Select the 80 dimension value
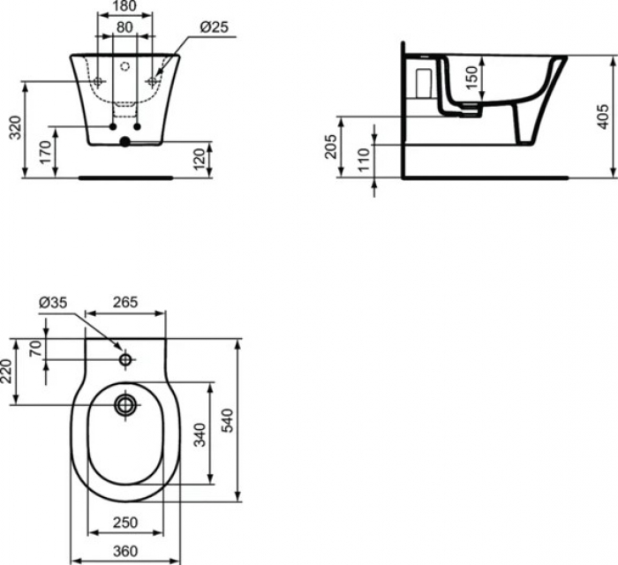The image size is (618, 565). pyautogui.click(x=125, y=27)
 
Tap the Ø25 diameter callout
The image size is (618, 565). pyautogui.click(x=215, y=27)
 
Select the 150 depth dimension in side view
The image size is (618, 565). pyautogui.click(x=473, y=77)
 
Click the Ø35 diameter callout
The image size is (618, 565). pyautogui.click(x=52, y=303)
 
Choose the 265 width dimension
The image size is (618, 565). pyautogui.click(x=124, y=303)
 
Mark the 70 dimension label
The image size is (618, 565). pyautogui.click(x=36, y=348)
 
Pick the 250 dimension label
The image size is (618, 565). pyautogui.click(x=125, y=524)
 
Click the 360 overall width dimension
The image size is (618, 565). pyautogui.click(x=125, y=553)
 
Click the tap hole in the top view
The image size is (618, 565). pyautogui.click(x=125, y=360)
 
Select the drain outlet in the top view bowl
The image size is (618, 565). pyautogui.click(x=125, y=405)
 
